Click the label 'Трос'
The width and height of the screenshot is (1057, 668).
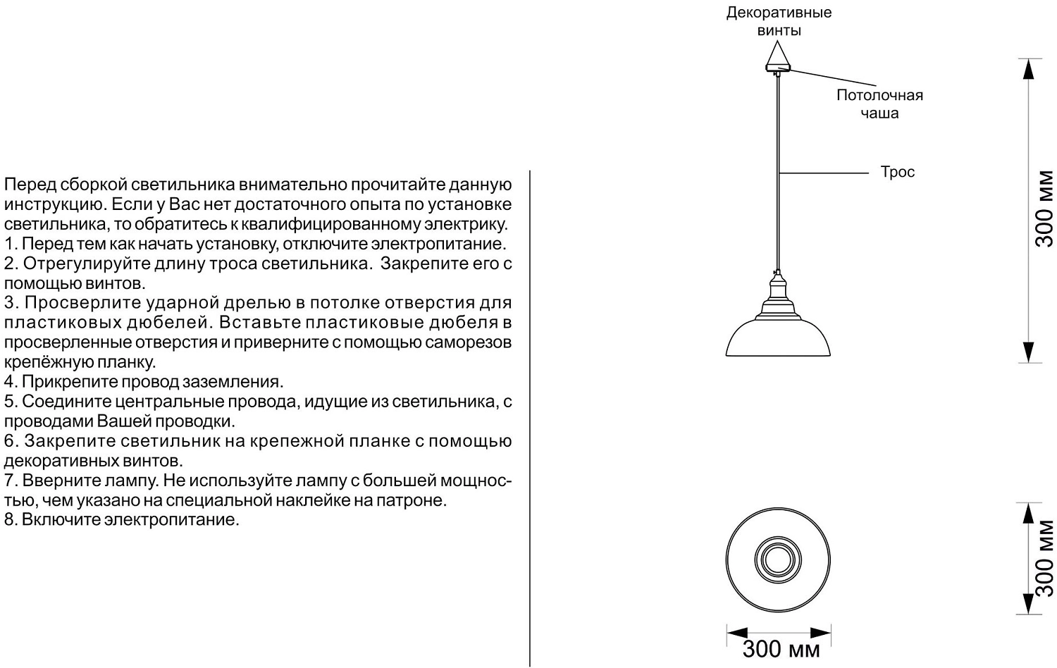(897, 172)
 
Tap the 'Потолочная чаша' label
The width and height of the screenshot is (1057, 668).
(879, 104)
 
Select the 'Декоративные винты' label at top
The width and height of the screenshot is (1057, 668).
(779, 21)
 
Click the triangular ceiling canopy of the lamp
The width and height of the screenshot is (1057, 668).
(778, 57)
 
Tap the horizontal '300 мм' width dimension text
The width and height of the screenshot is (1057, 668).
(781, 649)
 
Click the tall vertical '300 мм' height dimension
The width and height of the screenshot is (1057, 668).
(1044, 209)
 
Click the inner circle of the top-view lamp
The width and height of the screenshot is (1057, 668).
(778, 559)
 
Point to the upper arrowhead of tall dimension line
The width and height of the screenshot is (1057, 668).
(1030, 68)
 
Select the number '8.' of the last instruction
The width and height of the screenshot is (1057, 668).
(9, 520)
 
